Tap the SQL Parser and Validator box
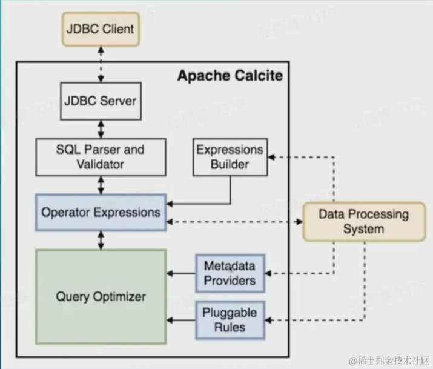click(x=101, y=156)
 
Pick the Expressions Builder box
click(x=230, y=156)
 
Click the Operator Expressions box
click(x=101, y=212)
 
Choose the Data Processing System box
click(x=363, y=221)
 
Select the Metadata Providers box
click(x=230, y=273)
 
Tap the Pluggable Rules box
click(x=230, y=320)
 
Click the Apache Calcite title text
click(x=230, y=76)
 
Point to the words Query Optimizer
click(x=101, y=297)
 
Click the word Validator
click(x=101, y=164)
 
